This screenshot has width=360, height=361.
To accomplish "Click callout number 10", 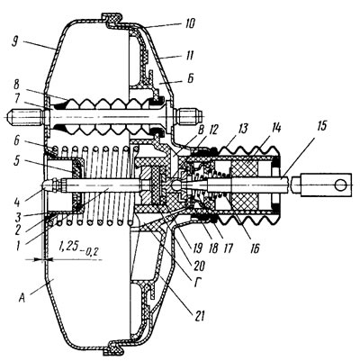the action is pos(188,23).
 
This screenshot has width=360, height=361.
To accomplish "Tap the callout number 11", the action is pos(189,56).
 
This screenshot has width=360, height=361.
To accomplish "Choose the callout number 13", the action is pos(242,129).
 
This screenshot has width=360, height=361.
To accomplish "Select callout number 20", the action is pos(198,265).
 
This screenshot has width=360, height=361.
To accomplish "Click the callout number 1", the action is pos(18,247).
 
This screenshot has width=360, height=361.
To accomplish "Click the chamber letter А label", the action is pos(22,298).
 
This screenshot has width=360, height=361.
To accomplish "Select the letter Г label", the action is pos(196,283).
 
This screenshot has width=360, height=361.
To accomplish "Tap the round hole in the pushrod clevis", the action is pos(340,185).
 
